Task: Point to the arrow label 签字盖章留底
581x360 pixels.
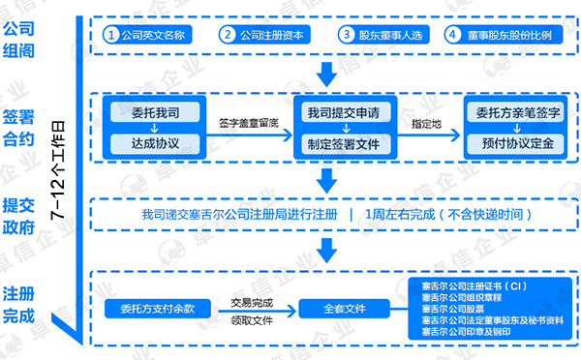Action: point(248,123)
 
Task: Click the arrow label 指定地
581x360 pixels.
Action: point(427,124)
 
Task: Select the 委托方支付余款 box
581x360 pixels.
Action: point(157,310)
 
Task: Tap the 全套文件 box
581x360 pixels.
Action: point(345,310)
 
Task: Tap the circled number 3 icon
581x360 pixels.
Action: point(346,35)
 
